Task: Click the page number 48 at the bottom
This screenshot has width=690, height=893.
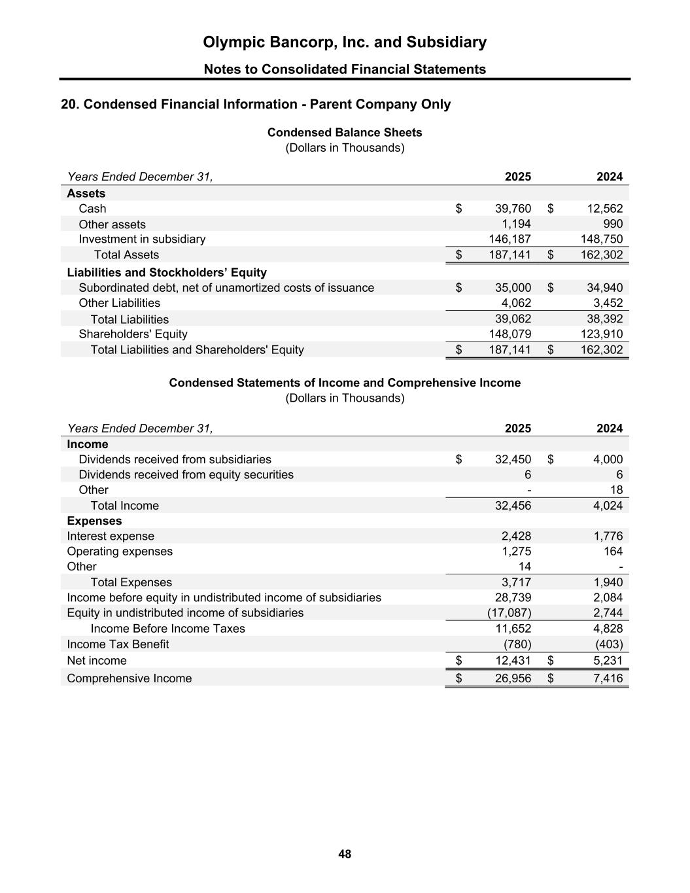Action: click(345, 854)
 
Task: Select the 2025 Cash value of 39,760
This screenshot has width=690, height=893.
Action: click(513, 209)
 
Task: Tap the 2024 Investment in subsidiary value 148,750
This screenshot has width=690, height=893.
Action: click(602, 239)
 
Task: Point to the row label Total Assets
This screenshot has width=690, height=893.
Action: click(126, 255)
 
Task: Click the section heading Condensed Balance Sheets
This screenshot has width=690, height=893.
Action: click(345, 133)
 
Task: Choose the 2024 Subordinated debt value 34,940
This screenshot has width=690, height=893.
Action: click(604, 288)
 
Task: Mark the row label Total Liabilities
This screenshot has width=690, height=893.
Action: click(129, 319)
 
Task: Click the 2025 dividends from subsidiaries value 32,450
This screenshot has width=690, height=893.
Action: click(513, 459)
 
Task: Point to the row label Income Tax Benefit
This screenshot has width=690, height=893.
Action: click(118, 644)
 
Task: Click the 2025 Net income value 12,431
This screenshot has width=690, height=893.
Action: click(513, 661)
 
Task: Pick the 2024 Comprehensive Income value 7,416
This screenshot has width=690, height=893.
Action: click(608, 678)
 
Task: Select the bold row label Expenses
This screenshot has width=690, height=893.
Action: click(94, 521)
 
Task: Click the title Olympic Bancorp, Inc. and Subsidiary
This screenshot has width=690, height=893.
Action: click(345, 43)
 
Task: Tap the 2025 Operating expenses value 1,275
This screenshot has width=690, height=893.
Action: click(516, 552)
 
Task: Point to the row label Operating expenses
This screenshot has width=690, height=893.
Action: click(120, 552)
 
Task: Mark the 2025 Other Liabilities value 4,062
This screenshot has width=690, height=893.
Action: click(516, 303)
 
